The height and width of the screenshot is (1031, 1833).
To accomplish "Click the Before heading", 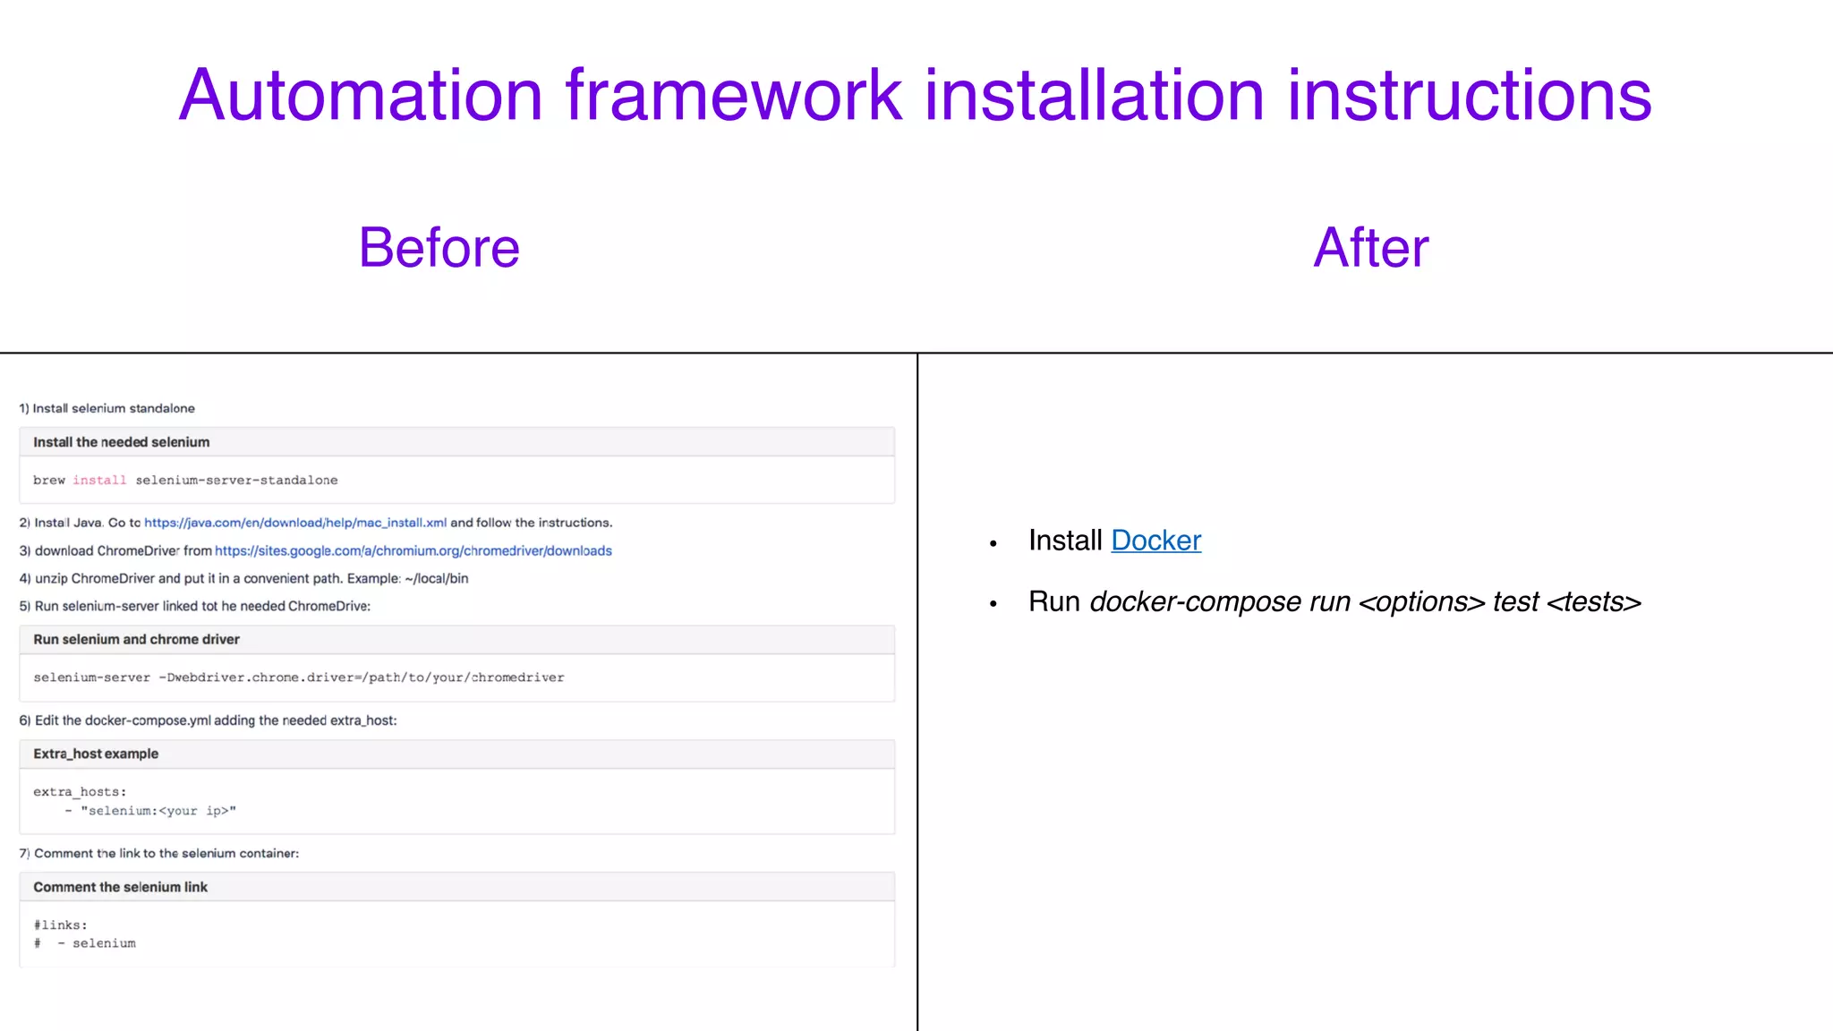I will (439, 248).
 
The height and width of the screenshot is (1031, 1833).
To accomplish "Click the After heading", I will (1370, 248).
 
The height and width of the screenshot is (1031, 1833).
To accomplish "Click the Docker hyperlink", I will (1155, 541).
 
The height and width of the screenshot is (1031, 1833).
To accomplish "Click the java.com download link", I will (295, 523).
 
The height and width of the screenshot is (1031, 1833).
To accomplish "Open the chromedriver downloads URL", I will (413, 551).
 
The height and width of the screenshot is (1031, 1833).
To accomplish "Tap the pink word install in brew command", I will (99, 481).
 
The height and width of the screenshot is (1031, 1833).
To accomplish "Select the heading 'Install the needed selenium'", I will (122, 442).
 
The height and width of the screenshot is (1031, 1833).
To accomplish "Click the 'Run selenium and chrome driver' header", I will (136, 640).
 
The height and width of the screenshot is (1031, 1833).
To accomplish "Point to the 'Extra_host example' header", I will (96, 754).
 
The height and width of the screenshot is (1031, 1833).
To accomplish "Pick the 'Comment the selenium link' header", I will (120, 888).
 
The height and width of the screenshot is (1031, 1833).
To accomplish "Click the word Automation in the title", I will (361, 96).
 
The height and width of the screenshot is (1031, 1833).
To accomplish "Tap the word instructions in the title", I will (1469, 96).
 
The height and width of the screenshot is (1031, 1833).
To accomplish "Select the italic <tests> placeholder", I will (1594, 602).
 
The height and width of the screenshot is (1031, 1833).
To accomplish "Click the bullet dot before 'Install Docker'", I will (993, 543).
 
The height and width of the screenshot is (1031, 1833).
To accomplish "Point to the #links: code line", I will (60, 925).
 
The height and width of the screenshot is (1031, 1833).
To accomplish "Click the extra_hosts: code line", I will (80, 792).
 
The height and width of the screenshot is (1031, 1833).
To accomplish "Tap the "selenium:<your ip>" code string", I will (158, 811).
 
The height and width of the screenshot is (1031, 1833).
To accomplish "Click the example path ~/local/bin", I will (436, 579).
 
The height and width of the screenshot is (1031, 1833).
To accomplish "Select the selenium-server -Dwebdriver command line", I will (299, 677).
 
